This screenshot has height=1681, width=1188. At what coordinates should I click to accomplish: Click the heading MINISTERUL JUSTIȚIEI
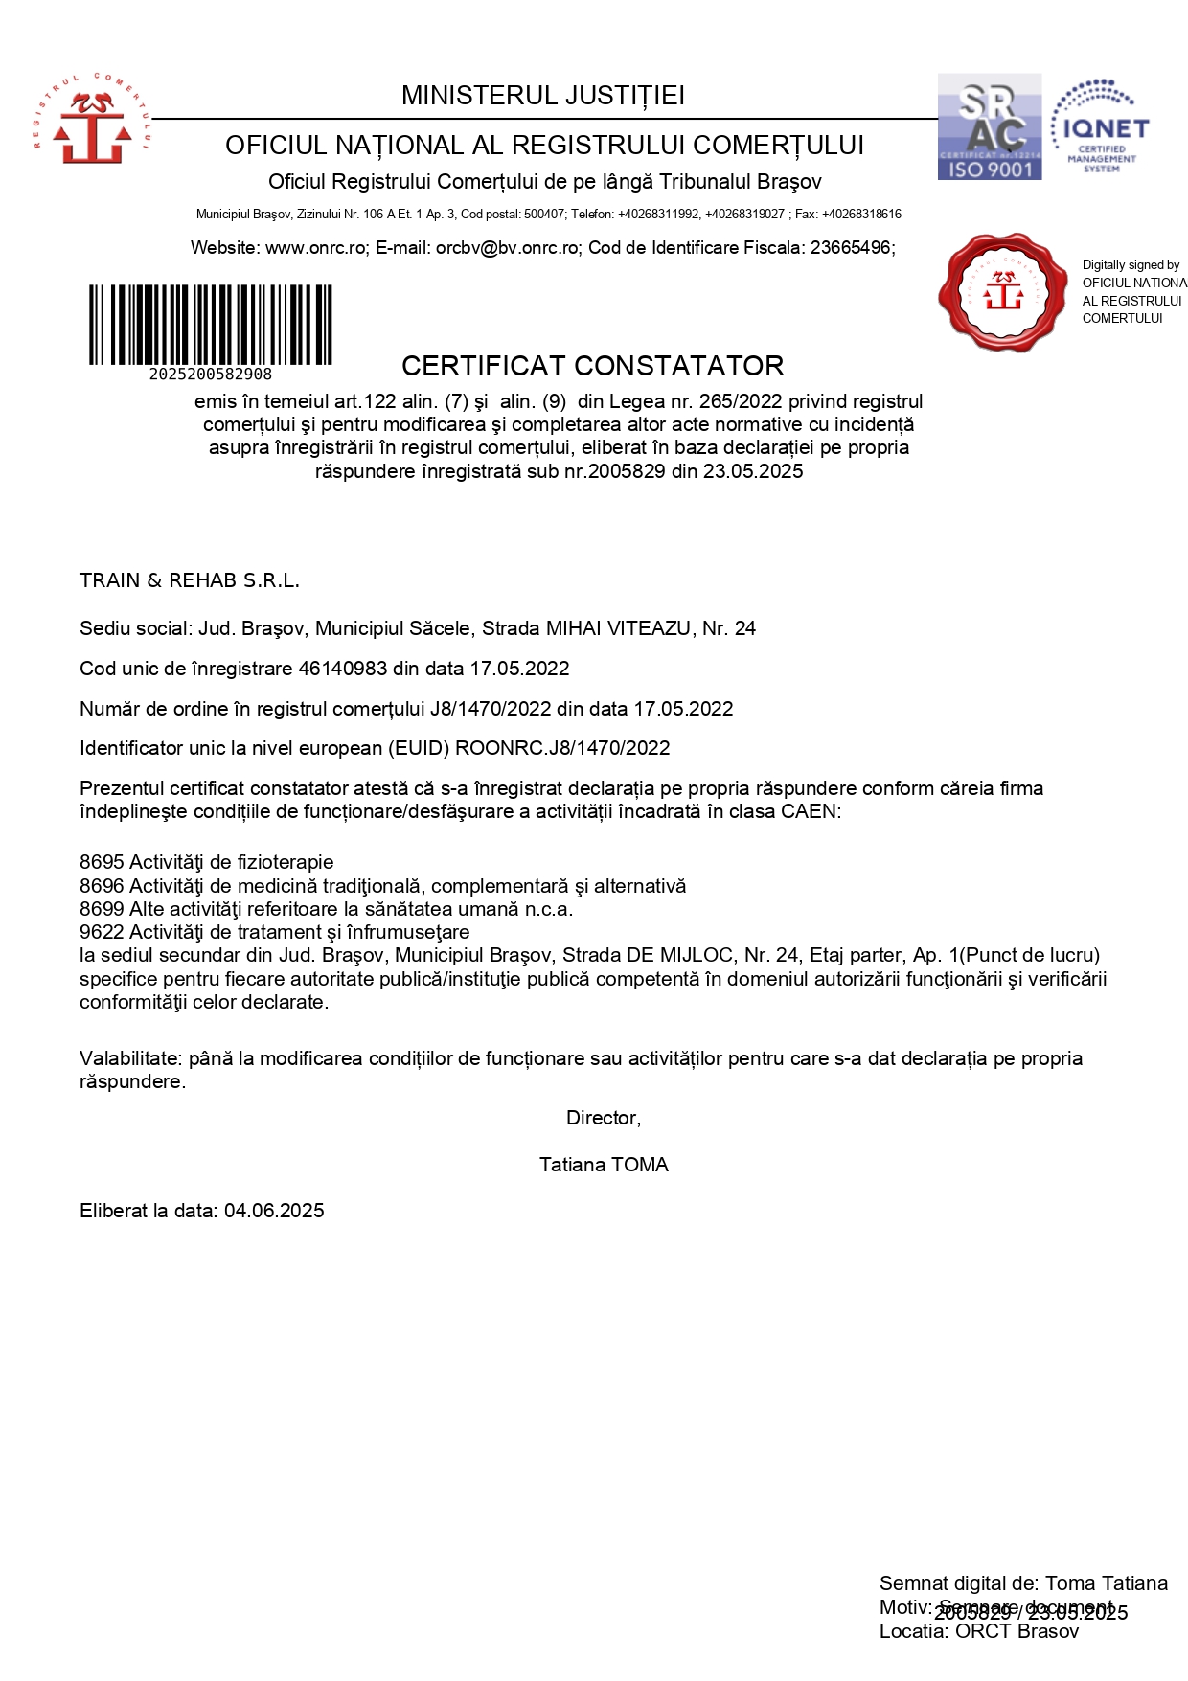[x=543, y=96]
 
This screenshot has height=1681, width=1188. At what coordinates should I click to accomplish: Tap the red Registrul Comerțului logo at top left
[x=92, y=119]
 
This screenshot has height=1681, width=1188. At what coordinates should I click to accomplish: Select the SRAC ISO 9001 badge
[x=989, y=126]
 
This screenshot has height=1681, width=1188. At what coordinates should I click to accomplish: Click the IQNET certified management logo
[x=1101, y=126]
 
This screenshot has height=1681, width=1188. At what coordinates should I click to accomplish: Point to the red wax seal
[x=1002, y=291]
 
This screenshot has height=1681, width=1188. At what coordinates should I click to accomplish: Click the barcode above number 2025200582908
[x=211, y=325]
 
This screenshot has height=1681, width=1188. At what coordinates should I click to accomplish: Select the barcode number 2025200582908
[x=211, y=375]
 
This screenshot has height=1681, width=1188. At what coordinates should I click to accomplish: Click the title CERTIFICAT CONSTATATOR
[x=592, y=366]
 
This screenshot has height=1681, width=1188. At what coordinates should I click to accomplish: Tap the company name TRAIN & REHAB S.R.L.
[x=190, y=580]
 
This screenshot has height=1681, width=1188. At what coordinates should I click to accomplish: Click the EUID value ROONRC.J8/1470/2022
[x=562, y=748]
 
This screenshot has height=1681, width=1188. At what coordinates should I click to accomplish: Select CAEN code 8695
[x=102, y=862]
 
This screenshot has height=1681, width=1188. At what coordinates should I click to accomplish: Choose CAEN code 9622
[x=102, y=932]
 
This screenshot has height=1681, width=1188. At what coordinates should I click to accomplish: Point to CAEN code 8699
[x=102, y=909]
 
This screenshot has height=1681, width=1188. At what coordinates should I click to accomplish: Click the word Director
[x=604, y=1118]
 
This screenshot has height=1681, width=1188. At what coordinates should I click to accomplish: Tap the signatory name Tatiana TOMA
[x=604, y=1165]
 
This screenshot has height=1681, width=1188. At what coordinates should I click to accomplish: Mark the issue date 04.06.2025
[x=274, y=1211]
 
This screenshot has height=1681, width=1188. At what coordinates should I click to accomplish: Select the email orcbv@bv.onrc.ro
[x=508, y=248]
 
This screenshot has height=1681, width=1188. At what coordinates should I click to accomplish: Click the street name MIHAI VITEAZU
[x=618, y=628]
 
